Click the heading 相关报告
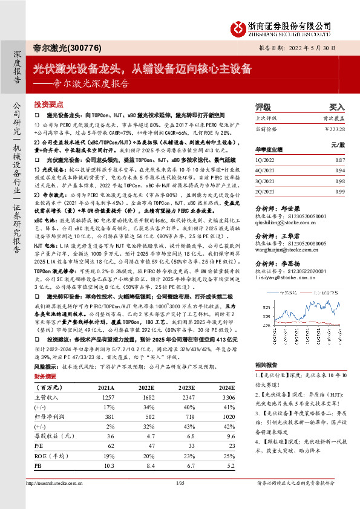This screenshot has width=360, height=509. pyautogui.click(x=266, y=365)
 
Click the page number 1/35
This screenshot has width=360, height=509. pyautogui.click(x=179, y=501)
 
